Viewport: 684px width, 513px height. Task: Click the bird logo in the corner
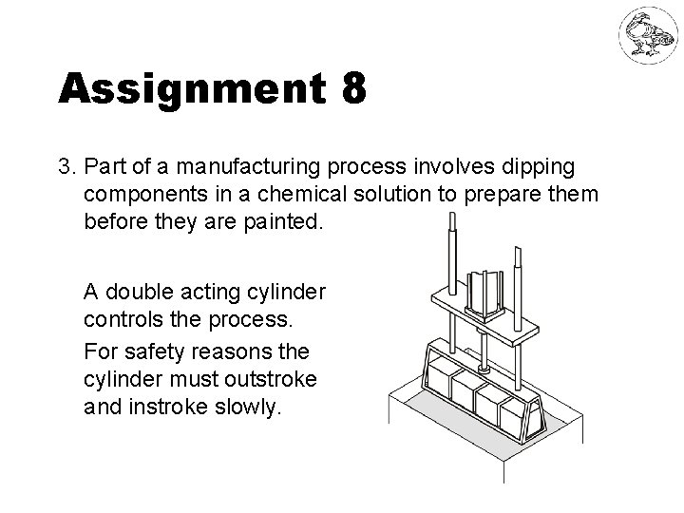tap(645, 36)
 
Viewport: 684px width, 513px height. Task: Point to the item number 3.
tap(66, 167)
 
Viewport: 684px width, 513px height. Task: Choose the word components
tap(140, 195)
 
